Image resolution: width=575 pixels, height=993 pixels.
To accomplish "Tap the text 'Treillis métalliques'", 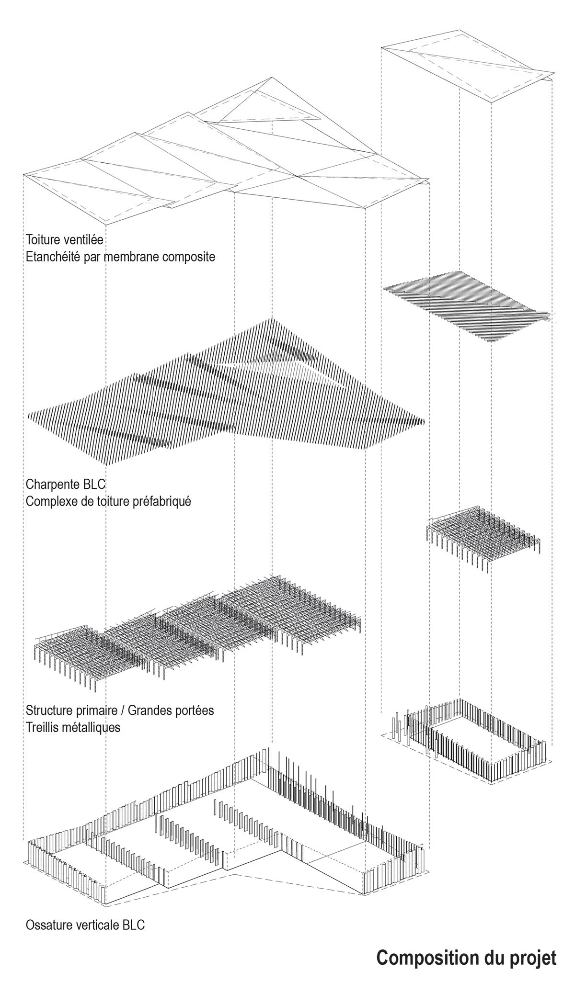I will (73, 727).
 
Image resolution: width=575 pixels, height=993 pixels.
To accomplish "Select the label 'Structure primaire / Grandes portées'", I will (120, 710).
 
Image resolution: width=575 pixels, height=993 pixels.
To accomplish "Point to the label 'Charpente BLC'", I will (66, 484).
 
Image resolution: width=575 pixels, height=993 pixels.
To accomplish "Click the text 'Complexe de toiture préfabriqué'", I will (109, 502).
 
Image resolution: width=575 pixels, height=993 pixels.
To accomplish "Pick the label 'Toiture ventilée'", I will (65, 239).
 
